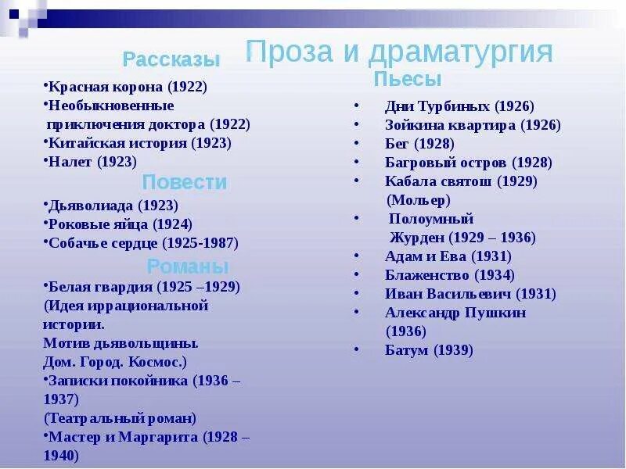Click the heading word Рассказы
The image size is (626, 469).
pyautogui.click(x=171, y=59)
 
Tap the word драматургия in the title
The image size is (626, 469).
pyautogui.click(x=460, y=52)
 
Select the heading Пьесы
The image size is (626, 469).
pyautogui.click(x=408, y=79)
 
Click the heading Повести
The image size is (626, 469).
pyautogui.click(x=185, y=182)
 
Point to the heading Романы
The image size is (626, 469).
pyautogui.click(x=188, y=266)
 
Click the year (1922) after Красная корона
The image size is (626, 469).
pyautogui.click(x=187, y=87)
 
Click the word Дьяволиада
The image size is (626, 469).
pyautogui.click(x=91, y=206)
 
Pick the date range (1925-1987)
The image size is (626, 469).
pyautogui.click(x=200, y=243)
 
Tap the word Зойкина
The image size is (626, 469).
pyautogui.click(x=415, y=125)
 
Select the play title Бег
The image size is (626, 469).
pyautogui.click(x=397, y=144)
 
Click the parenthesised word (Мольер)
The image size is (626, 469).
pyautogui.click(x=419, y=200)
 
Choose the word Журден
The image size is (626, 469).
pyautogui.click(x=417, y=238)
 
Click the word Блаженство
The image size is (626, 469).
pyautogui.click(x=427, y=275)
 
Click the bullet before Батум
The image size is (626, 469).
pyautogui.click(x=357, y=349)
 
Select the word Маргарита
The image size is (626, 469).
pyautogui.click(x=158, y=437)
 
